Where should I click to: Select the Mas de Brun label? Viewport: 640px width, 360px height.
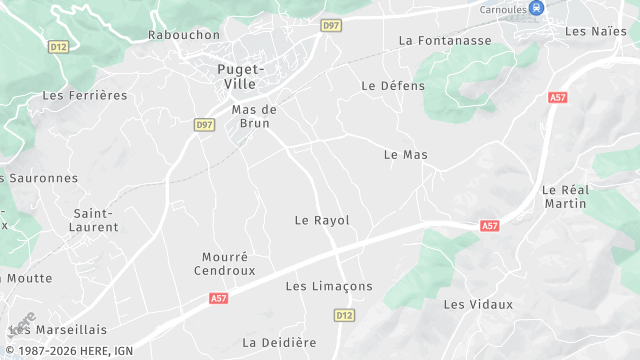[254, 116]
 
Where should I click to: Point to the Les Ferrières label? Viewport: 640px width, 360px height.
[85, 96]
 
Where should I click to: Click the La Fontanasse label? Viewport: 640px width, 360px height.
[445, 41]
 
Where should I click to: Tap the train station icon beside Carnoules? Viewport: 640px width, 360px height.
[537, 8]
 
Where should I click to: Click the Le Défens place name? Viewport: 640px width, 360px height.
[393, 86]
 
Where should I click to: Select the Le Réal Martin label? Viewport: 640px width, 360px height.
[564, 196]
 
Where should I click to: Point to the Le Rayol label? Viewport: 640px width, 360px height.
[322, 220]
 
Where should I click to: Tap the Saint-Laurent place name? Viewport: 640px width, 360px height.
[96, 220]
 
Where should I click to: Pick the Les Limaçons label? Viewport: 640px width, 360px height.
[329, 287]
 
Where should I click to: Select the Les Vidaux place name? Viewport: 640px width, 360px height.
[478, 304]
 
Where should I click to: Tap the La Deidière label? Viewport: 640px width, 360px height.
[279, 343]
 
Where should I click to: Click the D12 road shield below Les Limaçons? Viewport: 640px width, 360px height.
[344, 315]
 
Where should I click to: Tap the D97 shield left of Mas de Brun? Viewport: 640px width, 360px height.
[204, 124]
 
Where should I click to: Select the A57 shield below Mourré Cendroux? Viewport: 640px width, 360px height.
[219, 298]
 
